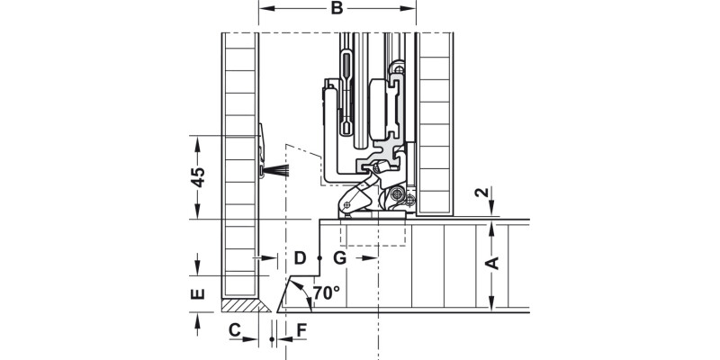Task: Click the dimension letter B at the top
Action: (x=337, y=10)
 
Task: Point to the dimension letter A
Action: (x=491, y=263)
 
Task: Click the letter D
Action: (x=300, y=258)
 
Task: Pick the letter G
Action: (x=339, y=258)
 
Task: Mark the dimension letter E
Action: (x=199, y=293)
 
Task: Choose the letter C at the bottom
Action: (x=234, y=330)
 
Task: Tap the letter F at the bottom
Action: (x=301, y=330)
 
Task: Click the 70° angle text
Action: (x=326, y=292)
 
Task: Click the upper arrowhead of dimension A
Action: (x=491, y=227)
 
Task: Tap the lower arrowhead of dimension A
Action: (x=491, y=305)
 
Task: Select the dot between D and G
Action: (x=319, y=258)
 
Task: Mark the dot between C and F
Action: (x=273, y=339)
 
